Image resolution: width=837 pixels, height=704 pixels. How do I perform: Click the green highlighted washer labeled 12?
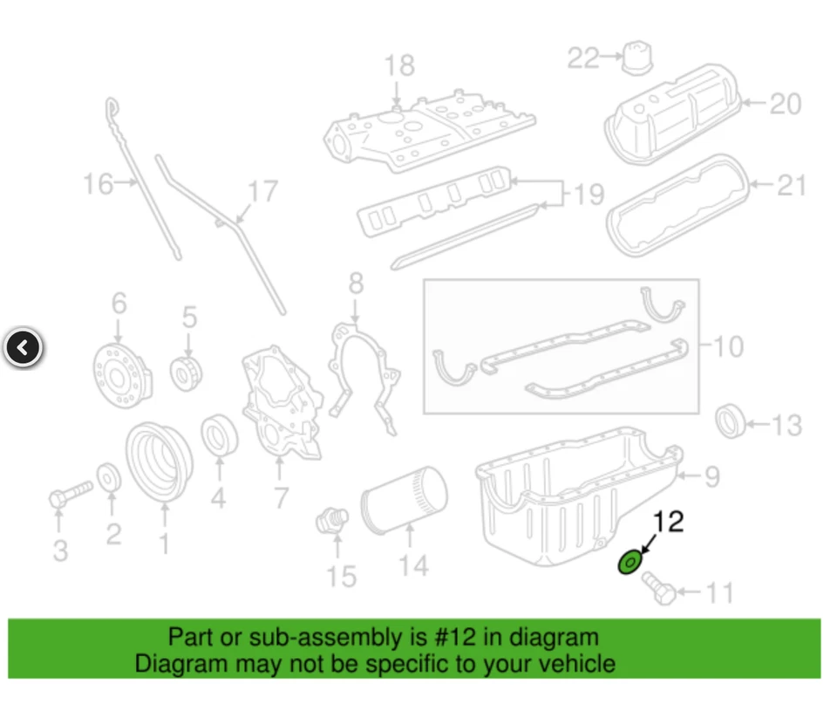pos(631,563)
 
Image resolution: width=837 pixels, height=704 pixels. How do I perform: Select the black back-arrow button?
pos(24,348)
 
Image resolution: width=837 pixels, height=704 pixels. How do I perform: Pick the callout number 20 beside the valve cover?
pos(785,104)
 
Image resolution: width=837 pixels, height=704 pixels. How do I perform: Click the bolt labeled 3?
pos(70,495)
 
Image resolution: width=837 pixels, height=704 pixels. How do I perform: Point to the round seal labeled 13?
pos(731,422)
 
